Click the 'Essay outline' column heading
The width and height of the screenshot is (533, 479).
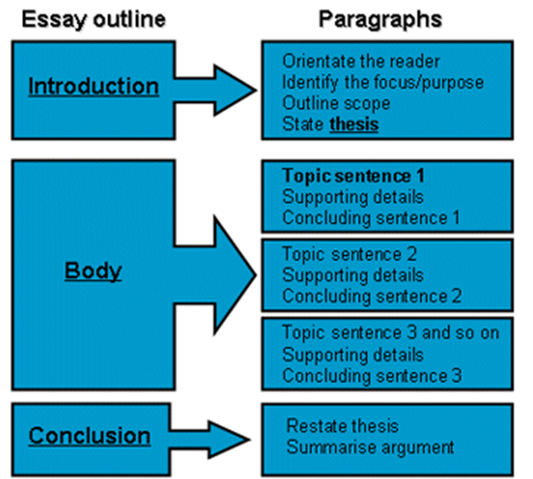click(x=93, y=20)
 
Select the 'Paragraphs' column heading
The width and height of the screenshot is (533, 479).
click(x=380, y=20)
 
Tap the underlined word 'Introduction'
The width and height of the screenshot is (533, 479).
click(x=93, y=87)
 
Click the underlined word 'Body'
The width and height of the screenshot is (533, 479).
click(x=93, y=271)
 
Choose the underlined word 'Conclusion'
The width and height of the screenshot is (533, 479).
click(x=89, y=435)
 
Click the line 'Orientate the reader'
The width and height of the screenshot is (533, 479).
click(x=361, y=61)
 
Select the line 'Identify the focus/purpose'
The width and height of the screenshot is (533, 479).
click(x=383, y=81)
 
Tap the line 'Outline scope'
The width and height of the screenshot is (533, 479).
click(x=336, y=103)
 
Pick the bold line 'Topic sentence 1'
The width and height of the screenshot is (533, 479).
click(x=353, y=176)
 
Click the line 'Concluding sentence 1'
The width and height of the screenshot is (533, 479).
click(x=371, y=217)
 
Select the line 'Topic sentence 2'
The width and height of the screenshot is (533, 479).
click(x=350, y=254)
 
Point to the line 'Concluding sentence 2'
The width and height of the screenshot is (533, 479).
click(x=372, y=296)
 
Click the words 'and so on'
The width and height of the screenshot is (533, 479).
click(x=461, y=332)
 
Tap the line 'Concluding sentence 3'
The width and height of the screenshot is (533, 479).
click(x=372, y=376)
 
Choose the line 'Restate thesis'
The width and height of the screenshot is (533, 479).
click(x=342, y=426)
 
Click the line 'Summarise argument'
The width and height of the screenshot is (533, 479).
click(x=370, y=447)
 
